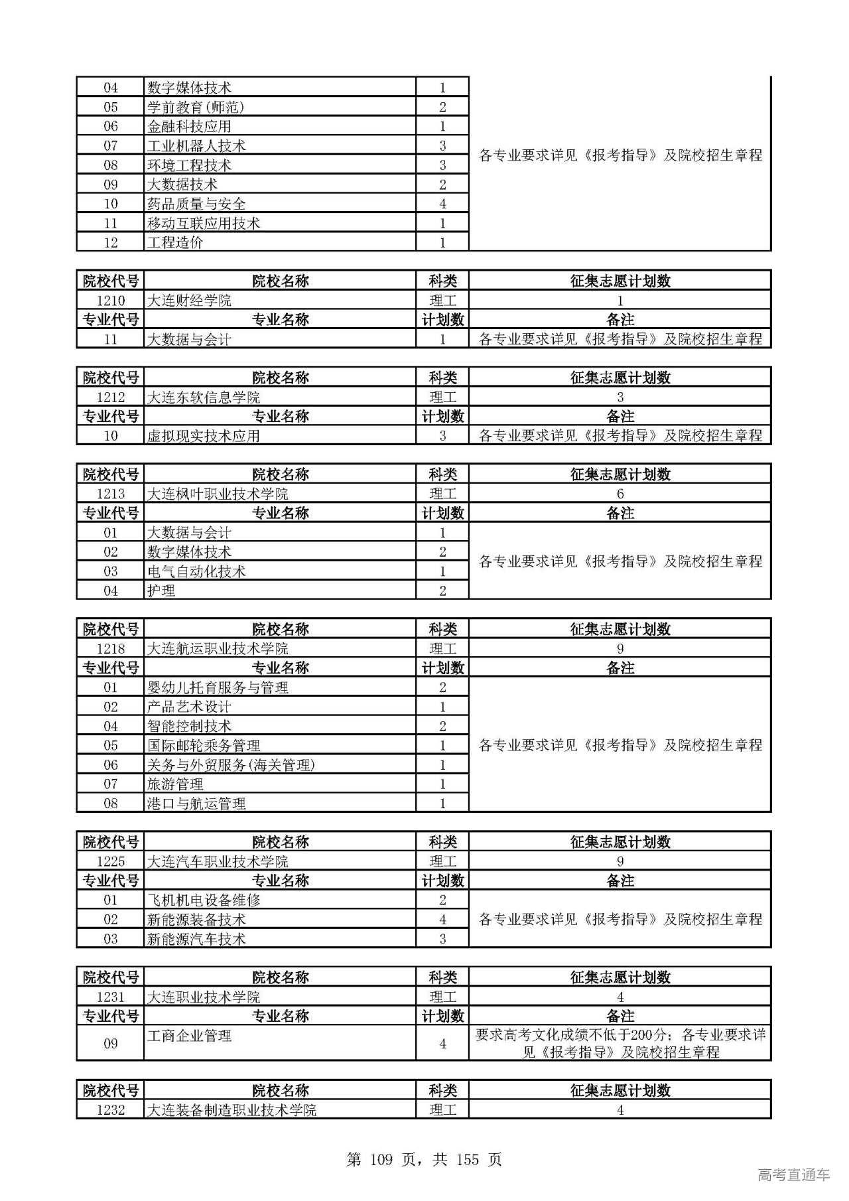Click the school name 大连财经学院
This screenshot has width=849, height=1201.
pyautogui.click(x=189, y=301)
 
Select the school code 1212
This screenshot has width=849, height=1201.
pyautogui.click(x=111, y=397)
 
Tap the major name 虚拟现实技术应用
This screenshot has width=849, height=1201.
pyautogui.click(x=203, y=436)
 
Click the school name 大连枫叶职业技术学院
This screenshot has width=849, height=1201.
pyautogui.click(x=218, y=494)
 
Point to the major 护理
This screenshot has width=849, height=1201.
pyautogui.click(x=161, y=591)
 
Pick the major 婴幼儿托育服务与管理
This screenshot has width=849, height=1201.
pyautogui.click(x=218, y=687)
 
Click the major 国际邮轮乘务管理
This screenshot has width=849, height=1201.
pyautogui.click(x=203, y=746)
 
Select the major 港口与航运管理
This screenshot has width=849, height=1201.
pyautogui.click(x=196, y=804)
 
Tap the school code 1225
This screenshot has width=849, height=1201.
pyautogui.click(x=111, y=862)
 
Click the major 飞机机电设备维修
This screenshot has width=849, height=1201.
pyautogui.click(x=203, y=900)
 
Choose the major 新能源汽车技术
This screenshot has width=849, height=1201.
pyautogui.click(x=196, y=939)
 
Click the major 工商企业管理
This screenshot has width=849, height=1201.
pyautogui.click(x=189, y=1036)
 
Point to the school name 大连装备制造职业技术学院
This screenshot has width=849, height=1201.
pyautogui.click(x=231, y=1109)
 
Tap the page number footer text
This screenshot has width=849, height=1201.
pyautogui.click(x=424, y=1159)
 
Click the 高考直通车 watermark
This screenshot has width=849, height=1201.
pyautogui.click(x=793, y=1175)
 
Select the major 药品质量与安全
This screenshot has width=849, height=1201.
pyautogui.click(x=196, y=204)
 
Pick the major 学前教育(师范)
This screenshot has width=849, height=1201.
pyautogui.click(x=196, y=107)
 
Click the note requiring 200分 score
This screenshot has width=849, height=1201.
pyautogui.click(x=620, y=1043)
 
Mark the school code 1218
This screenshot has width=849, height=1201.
pyautogui.click(x=111, y=649)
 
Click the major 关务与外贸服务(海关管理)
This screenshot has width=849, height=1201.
pyautogui.click(x=231, y=765)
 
